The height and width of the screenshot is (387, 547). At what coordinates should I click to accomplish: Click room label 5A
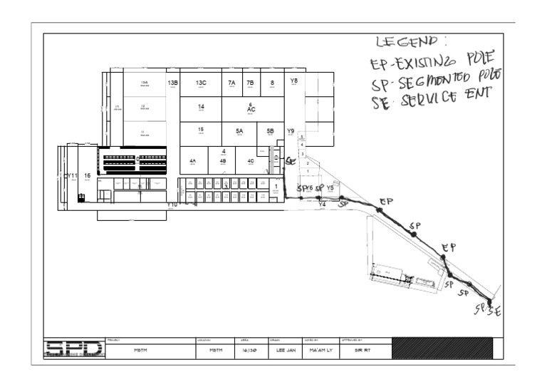pos(239,132)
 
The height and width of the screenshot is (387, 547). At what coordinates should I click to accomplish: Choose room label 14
pos(201,108)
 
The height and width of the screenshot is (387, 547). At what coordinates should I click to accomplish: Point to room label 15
pos(201,130)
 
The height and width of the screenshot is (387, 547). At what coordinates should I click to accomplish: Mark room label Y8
pos(293,81)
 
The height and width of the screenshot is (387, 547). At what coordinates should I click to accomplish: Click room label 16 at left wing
pos(87,175)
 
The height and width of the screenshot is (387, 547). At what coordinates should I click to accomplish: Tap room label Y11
pos(72,175)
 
